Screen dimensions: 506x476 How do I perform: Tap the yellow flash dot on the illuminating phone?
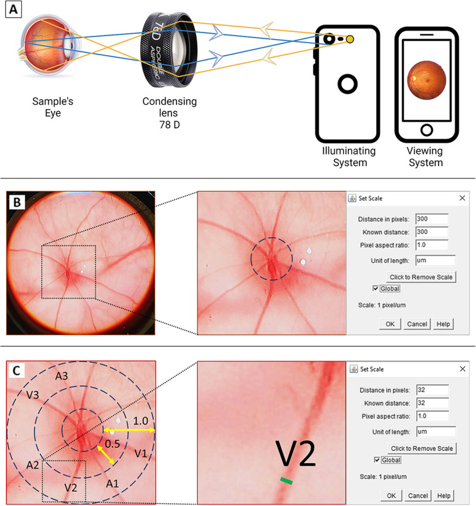(x=350, y=39)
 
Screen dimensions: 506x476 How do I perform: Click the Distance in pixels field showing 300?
(x=431, y=219)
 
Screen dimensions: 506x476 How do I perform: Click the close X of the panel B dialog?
(x=462, y=198)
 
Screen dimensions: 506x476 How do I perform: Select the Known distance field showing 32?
(x=431, y=402)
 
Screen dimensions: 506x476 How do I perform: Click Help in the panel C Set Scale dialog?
(x=444, y=495)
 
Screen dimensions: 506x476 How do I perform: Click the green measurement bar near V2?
(x=287, y=481)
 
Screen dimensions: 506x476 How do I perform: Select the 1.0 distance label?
(x=140, y=421)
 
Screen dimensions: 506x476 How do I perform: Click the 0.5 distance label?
(x=111, y=442)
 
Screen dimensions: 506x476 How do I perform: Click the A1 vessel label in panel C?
(x=113, y=484)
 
